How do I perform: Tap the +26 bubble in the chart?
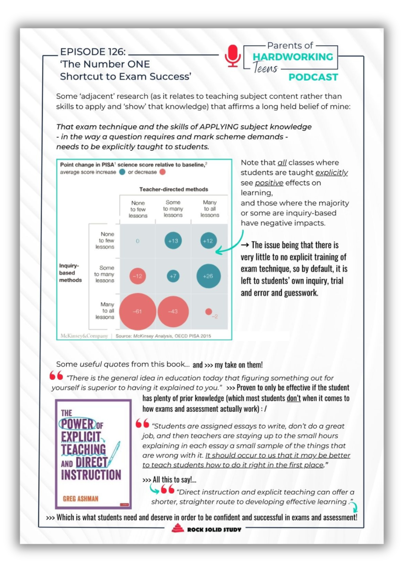(208, 276)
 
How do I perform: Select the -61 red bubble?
(137, 311)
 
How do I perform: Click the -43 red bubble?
(173, 311)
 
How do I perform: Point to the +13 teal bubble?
(173, 241)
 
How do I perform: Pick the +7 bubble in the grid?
(173, 276)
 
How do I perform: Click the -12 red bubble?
(137, 276)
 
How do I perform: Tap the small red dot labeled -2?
(209, 311)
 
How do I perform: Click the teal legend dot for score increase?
(122, 172)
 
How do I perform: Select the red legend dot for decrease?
(163, 172)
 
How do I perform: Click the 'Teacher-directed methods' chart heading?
(173, 189)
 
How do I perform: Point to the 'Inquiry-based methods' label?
(70, 273)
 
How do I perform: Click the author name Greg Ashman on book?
(80, 498)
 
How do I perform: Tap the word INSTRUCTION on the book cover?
(91, 475)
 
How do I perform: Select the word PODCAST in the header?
(313, 77)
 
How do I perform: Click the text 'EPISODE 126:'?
(93, 52)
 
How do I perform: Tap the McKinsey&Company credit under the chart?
(84, 336)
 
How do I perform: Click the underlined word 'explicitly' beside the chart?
(331, 173)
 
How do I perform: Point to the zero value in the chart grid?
(137, 241)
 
